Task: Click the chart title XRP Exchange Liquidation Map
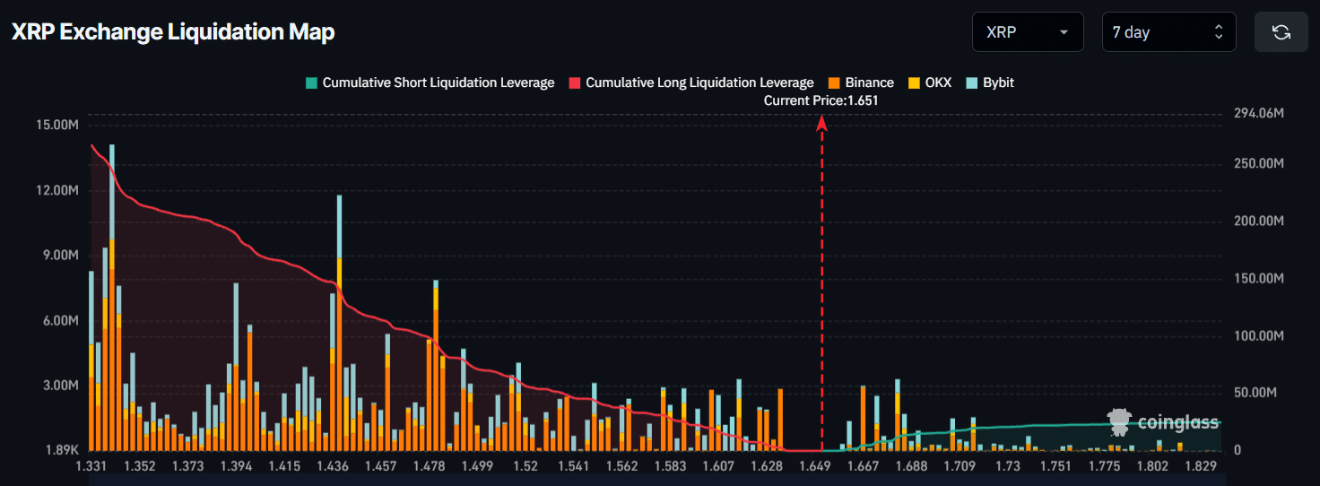point(173,32)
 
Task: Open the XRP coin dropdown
point(1027,32)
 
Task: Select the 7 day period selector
point(1168,32)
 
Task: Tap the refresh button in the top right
point(1281,32)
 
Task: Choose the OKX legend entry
point(930,82)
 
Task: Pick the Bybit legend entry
point(990,82)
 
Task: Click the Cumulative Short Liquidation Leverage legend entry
point(430,82)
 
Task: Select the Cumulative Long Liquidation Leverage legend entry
point(691,82)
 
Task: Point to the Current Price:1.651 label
point(821,100)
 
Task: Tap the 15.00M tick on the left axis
point(58,125)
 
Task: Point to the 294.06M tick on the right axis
point(1259,114)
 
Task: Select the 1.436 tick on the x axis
point(333,466)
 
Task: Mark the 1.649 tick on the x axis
point(814,466)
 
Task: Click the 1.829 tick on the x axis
point(1200,466)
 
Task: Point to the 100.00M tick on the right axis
point(1259,335)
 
